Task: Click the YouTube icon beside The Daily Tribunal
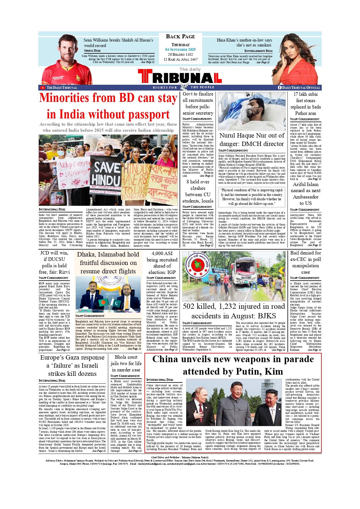[43, 88]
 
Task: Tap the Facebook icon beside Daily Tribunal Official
[280, 88]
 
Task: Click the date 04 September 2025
[180, 50]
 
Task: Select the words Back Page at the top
[180, 37]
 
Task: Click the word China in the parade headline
[165, 359]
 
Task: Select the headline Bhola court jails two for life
[126, 363]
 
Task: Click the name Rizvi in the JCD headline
[64, 272]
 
